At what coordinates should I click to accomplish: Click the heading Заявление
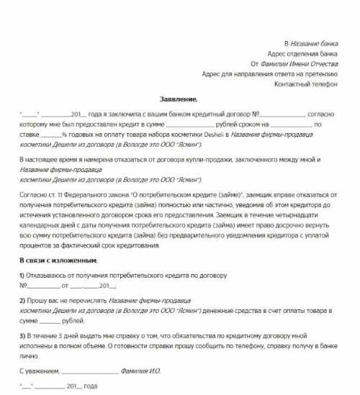(178, 98)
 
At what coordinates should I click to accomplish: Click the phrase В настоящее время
(48, 159)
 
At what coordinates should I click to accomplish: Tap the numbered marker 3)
(22, 335)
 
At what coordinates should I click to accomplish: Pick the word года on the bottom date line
(90, 386)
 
